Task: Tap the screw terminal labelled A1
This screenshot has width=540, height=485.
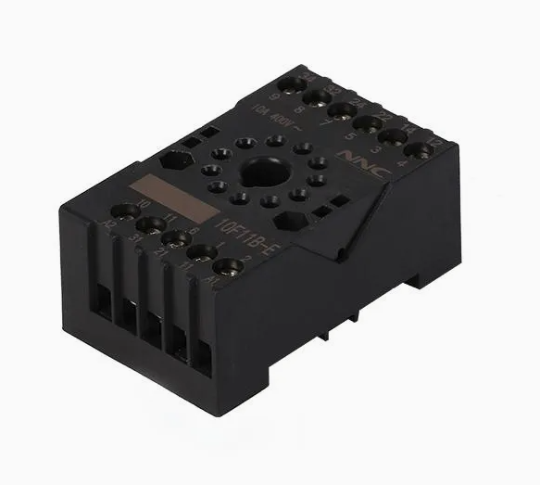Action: coord(230,269)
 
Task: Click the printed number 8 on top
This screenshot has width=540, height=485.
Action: coord(297,108)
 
